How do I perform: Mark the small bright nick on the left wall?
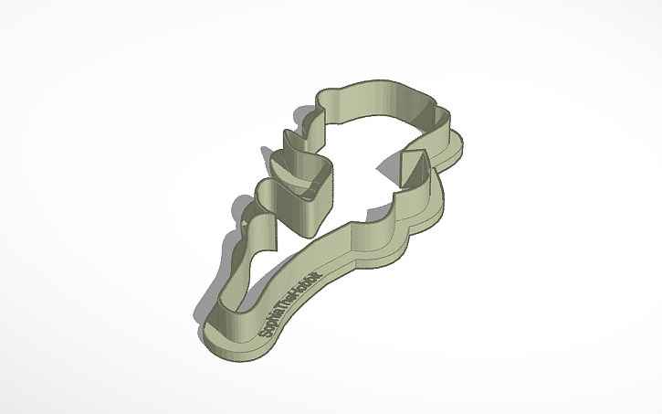click(246, 222)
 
